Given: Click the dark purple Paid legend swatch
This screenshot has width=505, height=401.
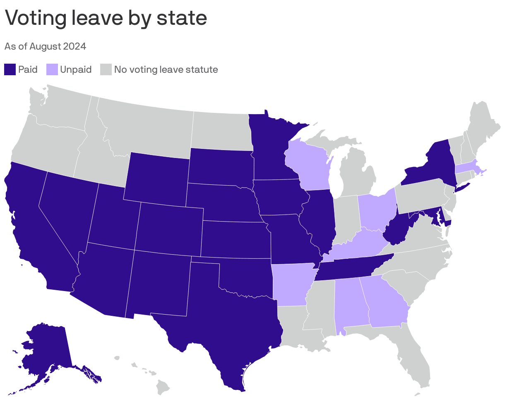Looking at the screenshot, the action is (x=10, y=69).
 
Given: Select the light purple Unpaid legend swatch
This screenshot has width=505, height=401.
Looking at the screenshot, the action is (x=52, y=69).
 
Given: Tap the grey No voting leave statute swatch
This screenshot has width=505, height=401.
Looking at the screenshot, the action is (x=106, y=69).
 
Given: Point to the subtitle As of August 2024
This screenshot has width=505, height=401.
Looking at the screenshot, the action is (x=45, y=46).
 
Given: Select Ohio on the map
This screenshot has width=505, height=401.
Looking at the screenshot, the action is (x=375, y=211).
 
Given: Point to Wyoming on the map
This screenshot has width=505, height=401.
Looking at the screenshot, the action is (x=157, y=178).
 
